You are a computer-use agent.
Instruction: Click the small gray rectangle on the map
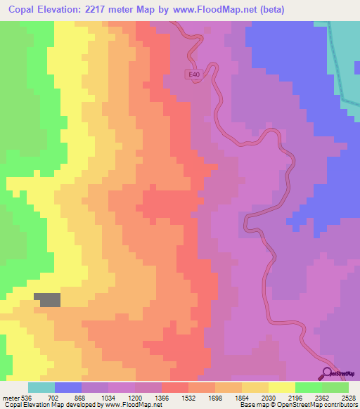tap(49, 299)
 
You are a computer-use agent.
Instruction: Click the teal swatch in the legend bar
tap(41, 387)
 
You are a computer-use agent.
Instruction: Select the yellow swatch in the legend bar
tap(282, 387)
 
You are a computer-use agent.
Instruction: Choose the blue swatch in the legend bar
tap(68, 387)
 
